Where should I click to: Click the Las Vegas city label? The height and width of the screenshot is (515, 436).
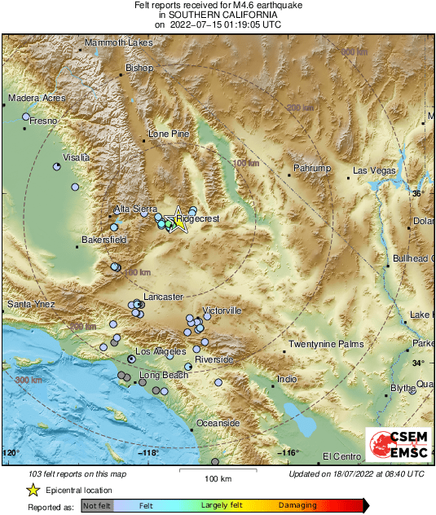tap(374, 171)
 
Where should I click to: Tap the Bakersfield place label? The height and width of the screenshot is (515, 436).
tap(104, 240)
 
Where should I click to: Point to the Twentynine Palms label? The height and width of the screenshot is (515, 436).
tap(326, 345)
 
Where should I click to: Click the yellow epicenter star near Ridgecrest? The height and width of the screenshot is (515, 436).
tap(178, 223)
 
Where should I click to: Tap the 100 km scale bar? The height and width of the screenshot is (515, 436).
tap(218, 472)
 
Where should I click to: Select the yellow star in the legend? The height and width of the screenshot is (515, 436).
tap(33, 490)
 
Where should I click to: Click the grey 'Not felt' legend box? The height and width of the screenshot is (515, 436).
tap(96, 506)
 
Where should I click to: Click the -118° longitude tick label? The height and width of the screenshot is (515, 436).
tap(148, 453)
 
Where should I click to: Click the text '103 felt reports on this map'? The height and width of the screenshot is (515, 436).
tap(78, 473)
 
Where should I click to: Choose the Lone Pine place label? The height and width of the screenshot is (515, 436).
tap(168, 134)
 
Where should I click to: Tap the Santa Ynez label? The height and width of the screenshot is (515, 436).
tap(30, 305)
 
